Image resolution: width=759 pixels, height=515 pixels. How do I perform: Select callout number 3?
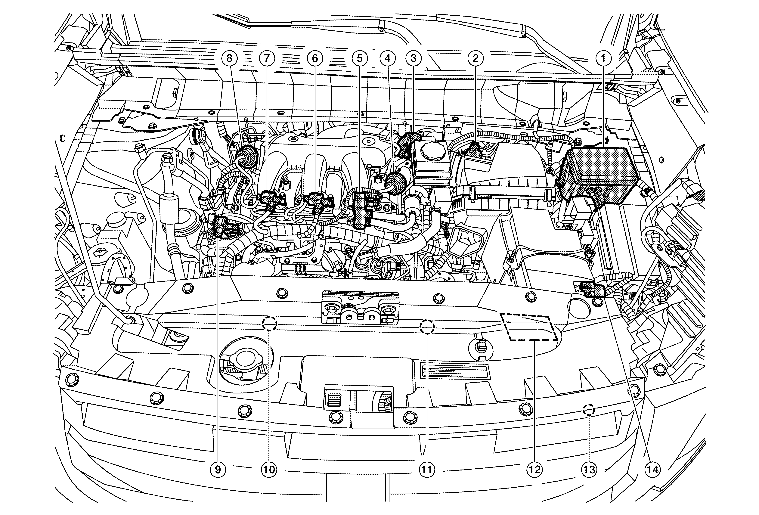coord(414,58)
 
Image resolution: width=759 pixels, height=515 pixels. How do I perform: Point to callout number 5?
coord(360,58)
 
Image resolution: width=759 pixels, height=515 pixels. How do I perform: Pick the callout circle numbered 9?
coord(218,470)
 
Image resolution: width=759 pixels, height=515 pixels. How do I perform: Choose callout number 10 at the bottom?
coord(269,470)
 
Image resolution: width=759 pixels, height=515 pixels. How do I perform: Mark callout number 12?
coord(534,470)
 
